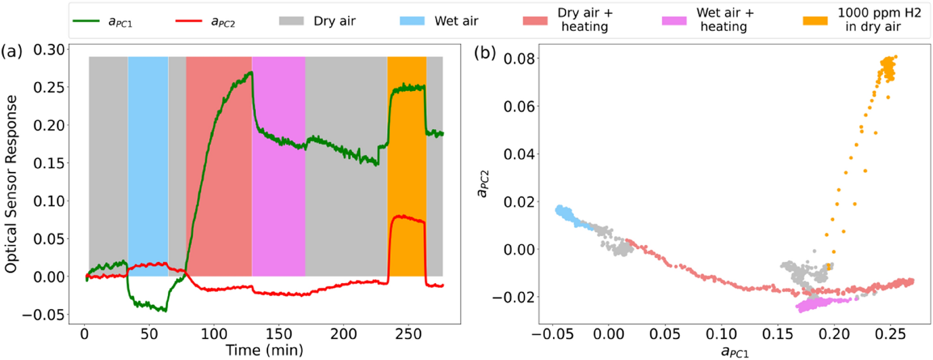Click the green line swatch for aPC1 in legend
point(86,21)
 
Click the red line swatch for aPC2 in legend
point(188,21)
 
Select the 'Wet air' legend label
point(456,21)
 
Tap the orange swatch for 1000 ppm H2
point(815,21)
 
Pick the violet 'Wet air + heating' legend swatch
point(674,21)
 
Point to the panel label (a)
point(12,52)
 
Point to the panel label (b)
point(484,53)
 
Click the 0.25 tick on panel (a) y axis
point(49,87)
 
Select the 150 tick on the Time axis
point(279,334)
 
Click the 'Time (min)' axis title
point(264,350)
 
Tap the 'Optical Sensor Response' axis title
point(11,184)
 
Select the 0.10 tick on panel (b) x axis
point(721,334)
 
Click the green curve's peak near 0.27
point(251,73)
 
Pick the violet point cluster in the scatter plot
point(818,304)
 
